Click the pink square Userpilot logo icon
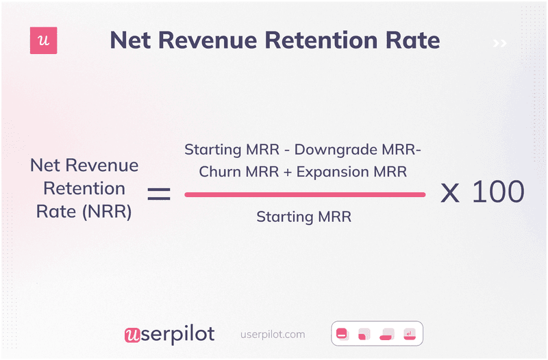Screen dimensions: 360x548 44,41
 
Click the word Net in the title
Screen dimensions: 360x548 130,40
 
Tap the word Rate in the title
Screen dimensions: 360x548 414,40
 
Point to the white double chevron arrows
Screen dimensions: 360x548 499,44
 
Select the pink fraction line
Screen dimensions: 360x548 305,194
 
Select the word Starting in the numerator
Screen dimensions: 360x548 210,149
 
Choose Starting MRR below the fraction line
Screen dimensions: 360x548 303,217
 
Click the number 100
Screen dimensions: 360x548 498,192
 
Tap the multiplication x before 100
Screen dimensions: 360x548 449,194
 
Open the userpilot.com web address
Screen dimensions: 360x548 273,335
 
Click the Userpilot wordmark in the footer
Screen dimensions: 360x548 169,334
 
